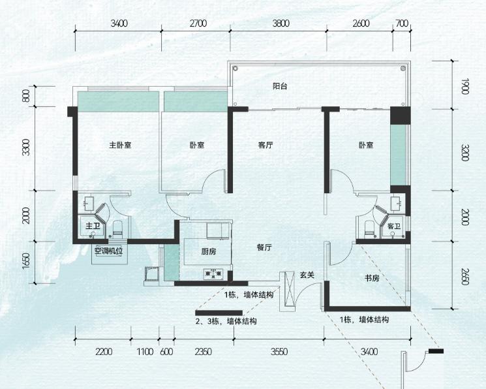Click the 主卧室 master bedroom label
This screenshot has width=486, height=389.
click(120, 145)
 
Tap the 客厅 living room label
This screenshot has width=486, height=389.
click(266, 145)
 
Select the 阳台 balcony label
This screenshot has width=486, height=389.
click(280, 86)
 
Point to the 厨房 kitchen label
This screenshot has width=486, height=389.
click(209, 251)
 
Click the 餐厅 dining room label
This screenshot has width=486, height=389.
click(264, 247)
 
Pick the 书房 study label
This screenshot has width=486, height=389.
click(372, 278)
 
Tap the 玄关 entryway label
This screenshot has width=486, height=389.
click(307, 275)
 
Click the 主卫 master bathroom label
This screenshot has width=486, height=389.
click(93, 226)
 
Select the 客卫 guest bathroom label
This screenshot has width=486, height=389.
click(394, 226)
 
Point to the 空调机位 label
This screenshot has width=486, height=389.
click(109, 251)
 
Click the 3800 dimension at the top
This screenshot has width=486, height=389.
click(281, 23)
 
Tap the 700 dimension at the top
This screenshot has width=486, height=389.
click(402, 23)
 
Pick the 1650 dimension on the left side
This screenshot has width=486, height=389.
click(26, 262)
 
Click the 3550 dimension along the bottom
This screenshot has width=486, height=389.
click(279, 352)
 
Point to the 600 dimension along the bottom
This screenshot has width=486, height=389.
click(167, 352)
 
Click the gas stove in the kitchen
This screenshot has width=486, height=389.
click(213, 273)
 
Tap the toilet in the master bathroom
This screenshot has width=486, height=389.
click(117, 228)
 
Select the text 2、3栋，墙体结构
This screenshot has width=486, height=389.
click(226, 321)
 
